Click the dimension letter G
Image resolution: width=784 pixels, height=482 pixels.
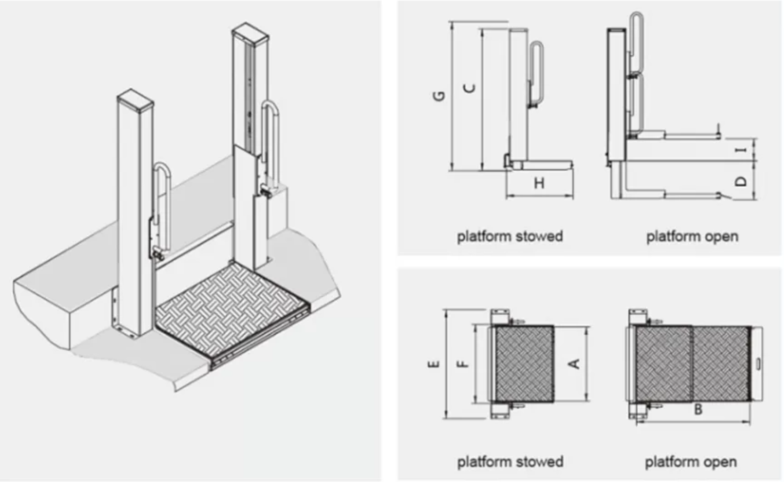pyautogui.click(x=439, y=95)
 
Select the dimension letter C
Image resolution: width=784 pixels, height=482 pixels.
pyautogui.click(x=470, y=88)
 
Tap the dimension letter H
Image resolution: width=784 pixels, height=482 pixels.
pyautogui.click(x=539, y=183)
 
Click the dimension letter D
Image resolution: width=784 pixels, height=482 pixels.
pyautogui.click(x=741, y=181)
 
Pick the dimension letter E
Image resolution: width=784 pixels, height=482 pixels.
pyautogui.click(x=435, y=364)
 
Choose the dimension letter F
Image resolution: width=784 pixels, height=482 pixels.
pyautogui.click(x=464, y=363)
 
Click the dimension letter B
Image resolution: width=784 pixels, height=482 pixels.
pyautogui.click(x=698, y=410)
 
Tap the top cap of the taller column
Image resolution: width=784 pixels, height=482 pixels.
pyautogui.click(x=250, y=33)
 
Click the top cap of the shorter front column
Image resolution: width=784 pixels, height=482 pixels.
pyautogui.click(x=135, y=99)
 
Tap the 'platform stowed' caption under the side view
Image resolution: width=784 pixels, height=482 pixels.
pyautogui.click(x=510, y=236)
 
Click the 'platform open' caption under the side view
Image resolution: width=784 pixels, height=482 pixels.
pyautogui.click(x=692, y=236)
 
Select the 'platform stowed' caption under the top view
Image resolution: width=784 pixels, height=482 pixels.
pyautogui.click(x=510, y=461)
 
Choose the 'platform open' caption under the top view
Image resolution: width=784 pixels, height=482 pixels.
pyautogui.click(x=691, y=461)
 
